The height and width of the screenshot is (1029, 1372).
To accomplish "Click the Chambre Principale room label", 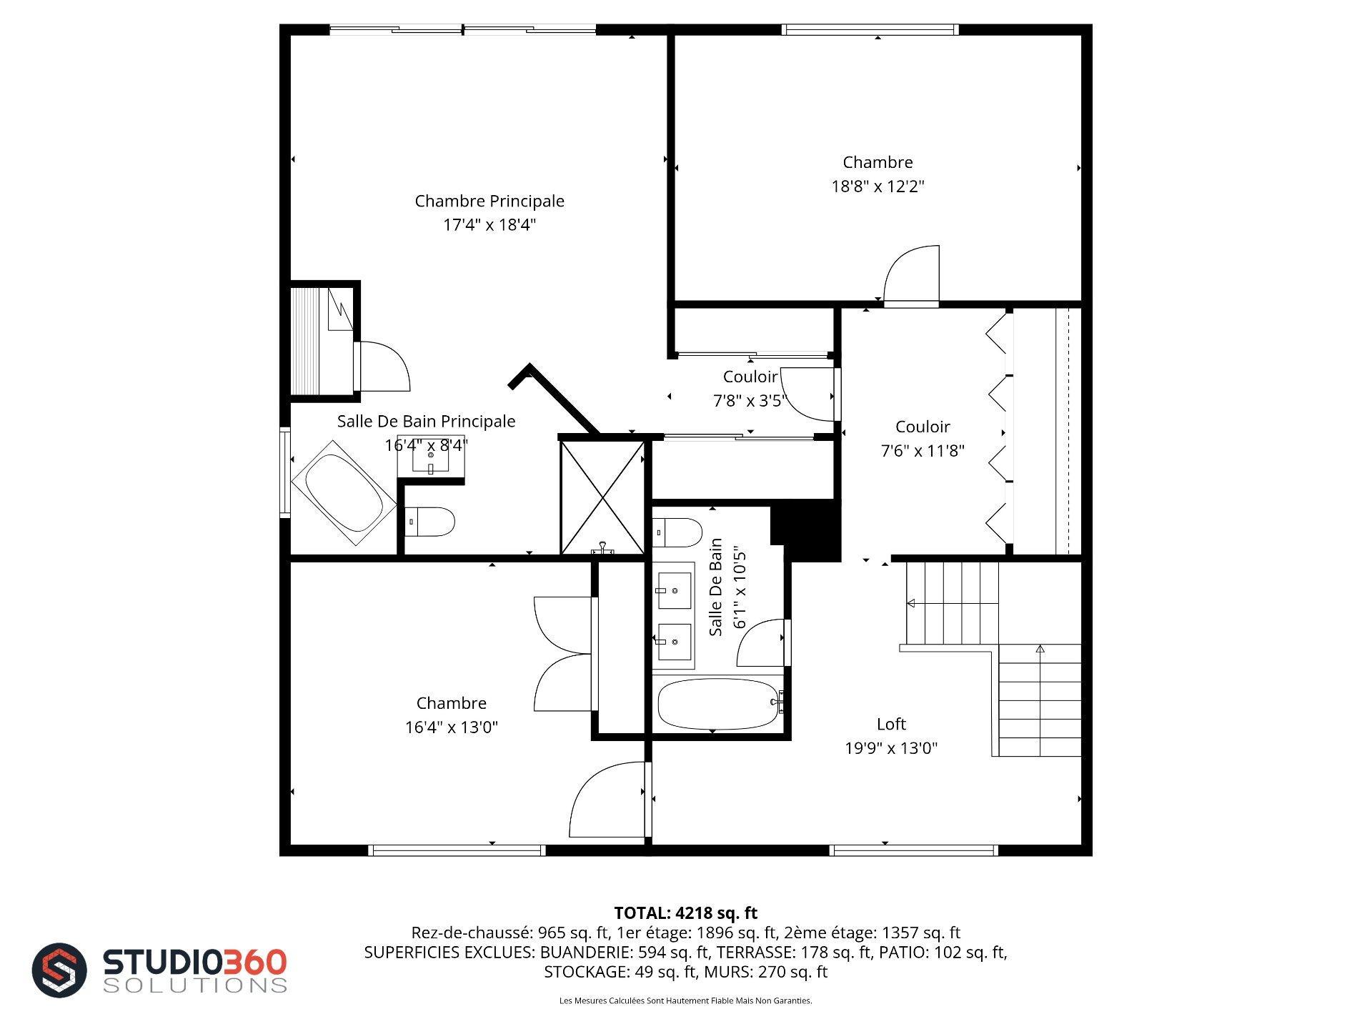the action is (x=489, y=201).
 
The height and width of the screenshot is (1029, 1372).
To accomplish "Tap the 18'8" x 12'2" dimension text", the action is (x=878, y=187).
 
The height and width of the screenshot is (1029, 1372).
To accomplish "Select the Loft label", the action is (x=891, y=724).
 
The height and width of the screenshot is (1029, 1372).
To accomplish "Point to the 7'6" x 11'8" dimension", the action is (x=923, y=451).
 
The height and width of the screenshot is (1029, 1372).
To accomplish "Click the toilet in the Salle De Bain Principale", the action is (x=429, y=522).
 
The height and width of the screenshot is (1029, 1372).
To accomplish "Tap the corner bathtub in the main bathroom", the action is (x=343, y=493).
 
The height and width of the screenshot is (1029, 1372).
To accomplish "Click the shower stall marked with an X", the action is (x=602, y=497).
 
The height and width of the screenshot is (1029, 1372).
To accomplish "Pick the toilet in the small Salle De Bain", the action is (x=677, y=532).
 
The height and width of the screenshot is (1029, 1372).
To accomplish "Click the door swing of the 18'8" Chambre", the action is (x=911, y=275).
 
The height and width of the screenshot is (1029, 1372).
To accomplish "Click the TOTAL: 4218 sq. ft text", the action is (x=685, y=913).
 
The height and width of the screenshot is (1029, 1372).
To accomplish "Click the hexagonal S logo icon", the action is (x=59, y=970).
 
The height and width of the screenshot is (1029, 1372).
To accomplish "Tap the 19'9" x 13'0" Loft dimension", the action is (x=891, y=748).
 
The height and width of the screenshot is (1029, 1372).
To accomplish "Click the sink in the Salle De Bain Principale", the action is (x=431, y=454).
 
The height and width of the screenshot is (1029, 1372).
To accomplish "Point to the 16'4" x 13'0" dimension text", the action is (x=452, y=727).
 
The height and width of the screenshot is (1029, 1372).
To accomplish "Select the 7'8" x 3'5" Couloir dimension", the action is (x=750, y=401).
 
